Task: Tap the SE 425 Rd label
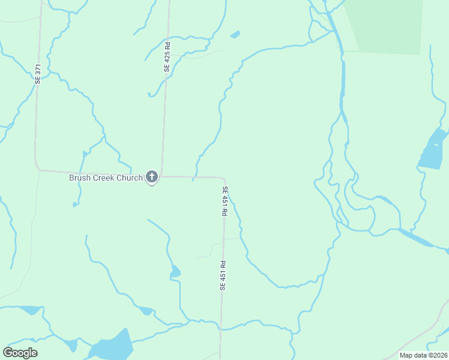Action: (167, 57)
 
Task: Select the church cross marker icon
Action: (152, 176)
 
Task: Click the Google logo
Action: (20, 353)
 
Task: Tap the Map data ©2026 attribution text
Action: (422, 355)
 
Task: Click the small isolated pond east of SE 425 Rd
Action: (235, 35)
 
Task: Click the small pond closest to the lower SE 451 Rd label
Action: (175, 272)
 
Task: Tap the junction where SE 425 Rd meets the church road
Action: (161, 176)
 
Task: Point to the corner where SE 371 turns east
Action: (37, 167)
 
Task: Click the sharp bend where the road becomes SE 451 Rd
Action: (223, 179)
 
